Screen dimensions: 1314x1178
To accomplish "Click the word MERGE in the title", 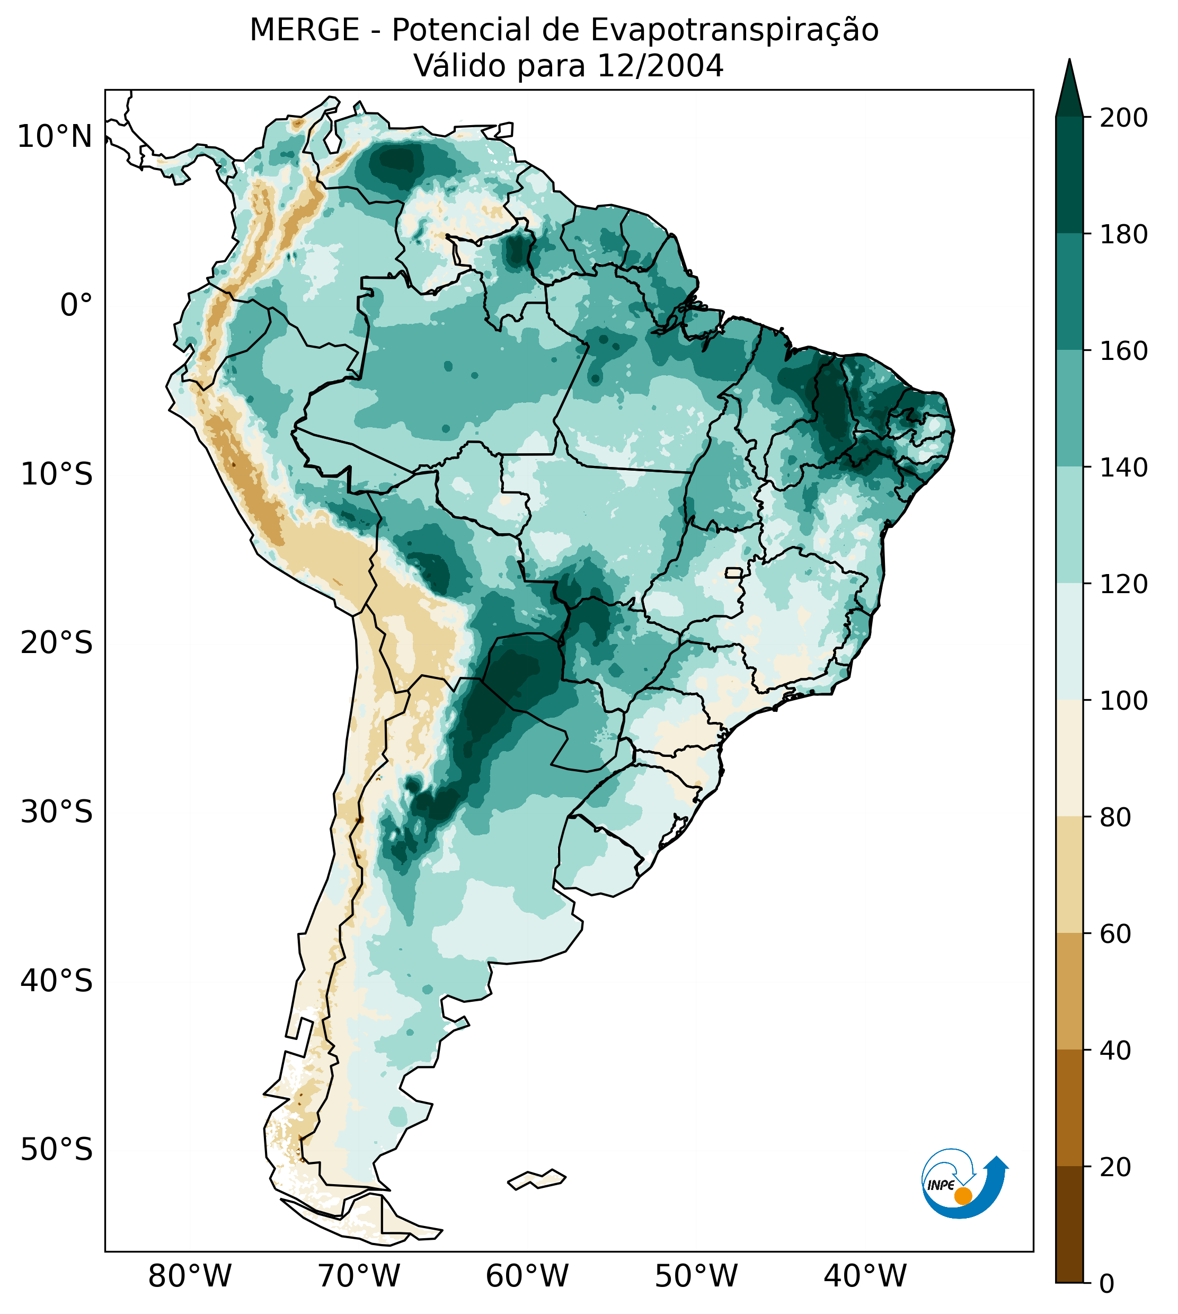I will click(304, 30).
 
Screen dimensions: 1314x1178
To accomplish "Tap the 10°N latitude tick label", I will click(55, 137).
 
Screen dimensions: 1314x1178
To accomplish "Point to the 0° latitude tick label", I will click(76, 305).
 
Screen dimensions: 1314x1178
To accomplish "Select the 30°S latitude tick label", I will click(57, 813).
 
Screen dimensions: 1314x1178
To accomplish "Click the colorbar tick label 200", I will click(1123, 118).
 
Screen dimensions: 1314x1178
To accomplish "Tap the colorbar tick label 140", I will click(1123, 468).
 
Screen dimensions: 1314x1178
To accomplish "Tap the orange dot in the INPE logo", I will click(963, 1196).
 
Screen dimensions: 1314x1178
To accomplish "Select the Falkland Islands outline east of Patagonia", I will click(537, 1179).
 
